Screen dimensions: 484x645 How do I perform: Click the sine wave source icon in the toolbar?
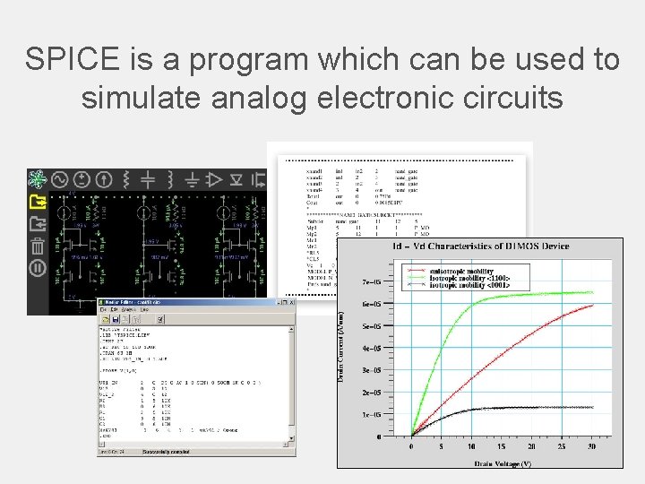tap(60, 178)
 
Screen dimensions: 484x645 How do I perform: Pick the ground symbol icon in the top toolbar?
tap(192, 178)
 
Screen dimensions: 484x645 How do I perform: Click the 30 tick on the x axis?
tap(592, 445)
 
